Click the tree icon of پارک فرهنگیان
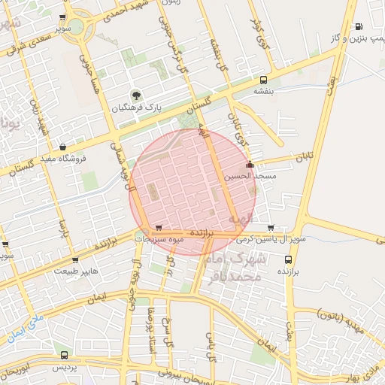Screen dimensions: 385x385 click(x=136, y=95)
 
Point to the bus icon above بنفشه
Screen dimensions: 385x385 click(x=263, y=79)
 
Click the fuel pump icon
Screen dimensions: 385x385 click(x=359, y=26)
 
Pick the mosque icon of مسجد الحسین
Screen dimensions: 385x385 click(x=250, y=165)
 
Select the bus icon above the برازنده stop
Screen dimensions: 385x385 click(x=286, y=256)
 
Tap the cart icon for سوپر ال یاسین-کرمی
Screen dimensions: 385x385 click(x=270, y=228)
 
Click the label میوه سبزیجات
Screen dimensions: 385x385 click(x=160, y=239)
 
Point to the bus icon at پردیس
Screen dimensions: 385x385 click(x=64, y=355)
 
